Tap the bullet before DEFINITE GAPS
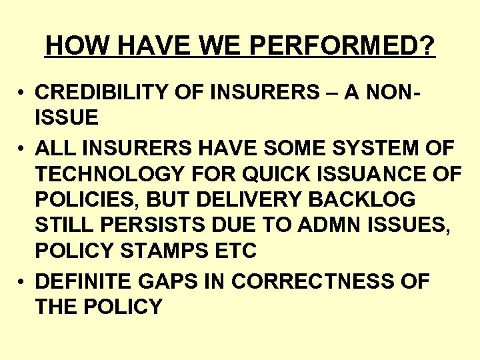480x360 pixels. (22, 281)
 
